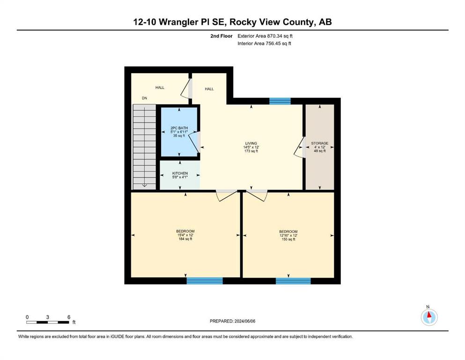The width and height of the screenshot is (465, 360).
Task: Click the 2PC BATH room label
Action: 179,128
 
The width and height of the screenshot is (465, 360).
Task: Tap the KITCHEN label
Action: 180,173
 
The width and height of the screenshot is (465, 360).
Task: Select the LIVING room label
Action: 251,143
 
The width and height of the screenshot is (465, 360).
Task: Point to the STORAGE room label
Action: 320,143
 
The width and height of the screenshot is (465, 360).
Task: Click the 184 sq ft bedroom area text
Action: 185,239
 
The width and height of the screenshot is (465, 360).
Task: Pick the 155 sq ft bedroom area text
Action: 288,239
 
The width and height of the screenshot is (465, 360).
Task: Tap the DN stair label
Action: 144,98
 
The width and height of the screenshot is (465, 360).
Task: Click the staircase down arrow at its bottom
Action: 144,185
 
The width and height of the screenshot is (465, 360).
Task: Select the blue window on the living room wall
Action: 280,101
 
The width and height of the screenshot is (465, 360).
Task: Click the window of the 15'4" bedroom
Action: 205,281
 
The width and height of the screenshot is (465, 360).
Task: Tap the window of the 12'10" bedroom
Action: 293,281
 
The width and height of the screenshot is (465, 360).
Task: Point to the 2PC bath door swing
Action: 194,142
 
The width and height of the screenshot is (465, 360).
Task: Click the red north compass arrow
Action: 429,315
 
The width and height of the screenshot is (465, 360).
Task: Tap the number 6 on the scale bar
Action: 69,317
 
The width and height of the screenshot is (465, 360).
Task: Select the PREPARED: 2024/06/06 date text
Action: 232,321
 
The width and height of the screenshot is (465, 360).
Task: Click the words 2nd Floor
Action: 221,36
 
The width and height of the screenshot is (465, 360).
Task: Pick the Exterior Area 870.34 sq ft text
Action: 265,36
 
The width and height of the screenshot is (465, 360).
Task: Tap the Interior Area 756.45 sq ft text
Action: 264,43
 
